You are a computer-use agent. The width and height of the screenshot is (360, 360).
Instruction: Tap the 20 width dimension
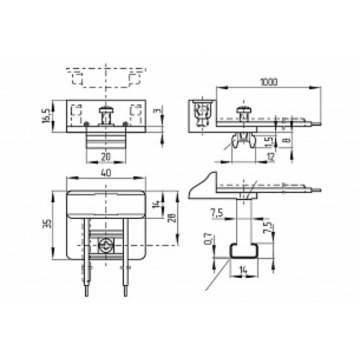(x=107, y=156)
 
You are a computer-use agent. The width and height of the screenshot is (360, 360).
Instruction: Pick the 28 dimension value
(x=171, y=218)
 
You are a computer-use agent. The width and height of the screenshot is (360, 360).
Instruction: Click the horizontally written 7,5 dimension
(x=216, y=213)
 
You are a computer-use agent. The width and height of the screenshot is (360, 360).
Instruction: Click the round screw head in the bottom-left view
(x=106, y=246)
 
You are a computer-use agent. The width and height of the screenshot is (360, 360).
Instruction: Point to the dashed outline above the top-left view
(x=107, y=76)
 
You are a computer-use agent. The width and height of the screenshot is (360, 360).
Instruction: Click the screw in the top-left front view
(x=106, y=114)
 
